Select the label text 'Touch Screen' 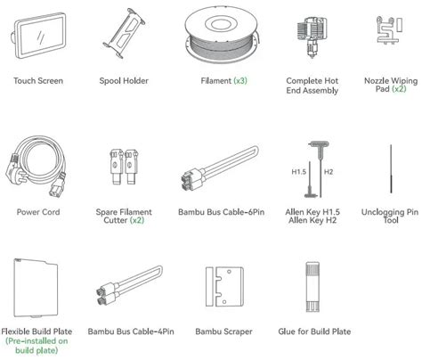pyautogui.click(x=37, y=81)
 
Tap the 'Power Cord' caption pyautogui.click(x=37, y=213)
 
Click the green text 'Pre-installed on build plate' pyautogui.click(x=37, y=347)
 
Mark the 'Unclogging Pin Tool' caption pyautogui.click(x=389, y=218)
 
